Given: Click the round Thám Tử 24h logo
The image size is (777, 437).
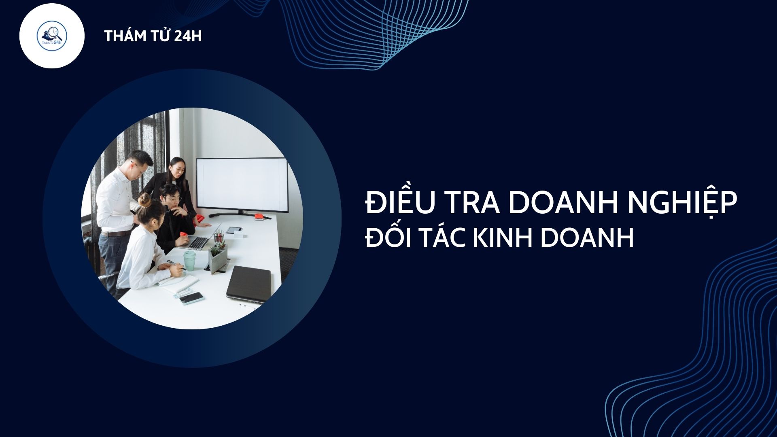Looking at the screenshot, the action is coord(52,36).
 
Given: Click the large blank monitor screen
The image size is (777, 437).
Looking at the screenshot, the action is coord(242,185).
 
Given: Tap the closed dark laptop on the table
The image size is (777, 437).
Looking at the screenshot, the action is coord(248,284).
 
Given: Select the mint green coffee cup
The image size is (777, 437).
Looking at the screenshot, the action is coord(189,261).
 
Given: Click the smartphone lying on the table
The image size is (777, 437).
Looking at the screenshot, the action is coord(191,298).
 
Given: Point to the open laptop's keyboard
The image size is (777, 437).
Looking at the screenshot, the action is coord(198,243).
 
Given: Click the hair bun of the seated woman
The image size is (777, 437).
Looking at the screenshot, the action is coord(144,200).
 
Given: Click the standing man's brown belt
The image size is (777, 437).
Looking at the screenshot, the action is coord(116,233).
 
